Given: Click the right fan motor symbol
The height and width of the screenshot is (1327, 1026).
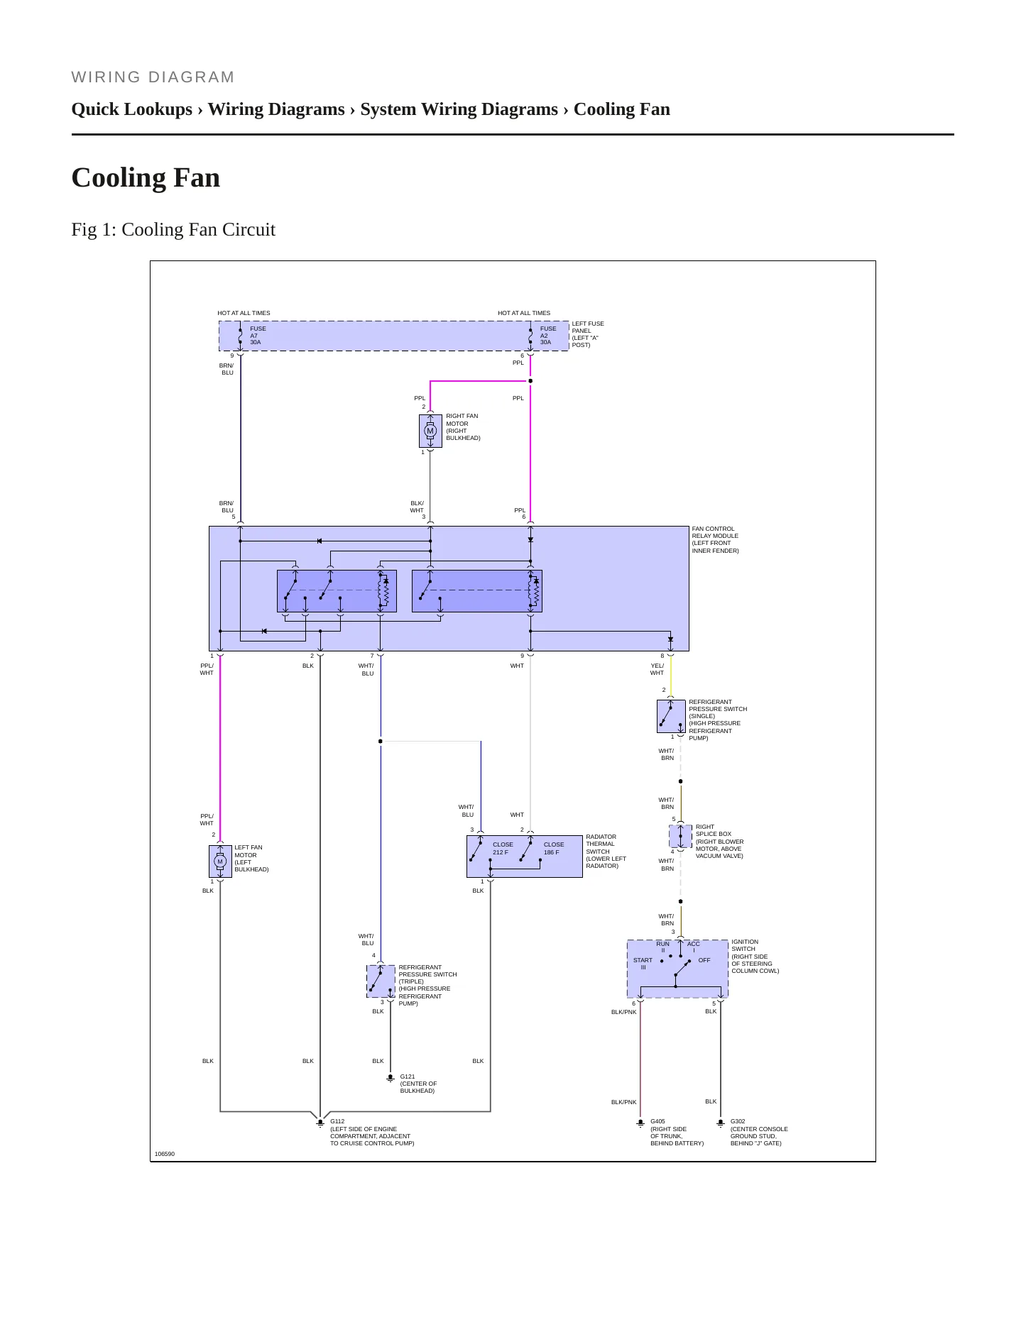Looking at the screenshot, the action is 430,431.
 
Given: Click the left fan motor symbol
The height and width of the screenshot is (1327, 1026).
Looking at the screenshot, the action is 220,861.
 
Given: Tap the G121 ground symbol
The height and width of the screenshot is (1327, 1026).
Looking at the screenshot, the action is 390,1078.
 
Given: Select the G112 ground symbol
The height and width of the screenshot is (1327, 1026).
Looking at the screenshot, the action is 320,1123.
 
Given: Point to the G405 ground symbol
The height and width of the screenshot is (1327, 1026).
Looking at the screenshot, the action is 640,1123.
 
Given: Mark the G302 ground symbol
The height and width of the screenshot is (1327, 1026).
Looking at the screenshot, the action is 721,1123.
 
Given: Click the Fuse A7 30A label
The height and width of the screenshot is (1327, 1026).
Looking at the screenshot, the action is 258,336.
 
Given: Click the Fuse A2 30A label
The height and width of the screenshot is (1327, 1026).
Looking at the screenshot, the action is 548,336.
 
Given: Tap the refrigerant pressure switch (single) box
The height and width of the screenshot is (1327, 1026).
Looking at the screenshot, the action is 671,716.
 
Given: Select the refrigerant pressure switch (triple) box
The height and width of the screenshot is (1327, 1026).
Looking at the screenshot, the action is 381,981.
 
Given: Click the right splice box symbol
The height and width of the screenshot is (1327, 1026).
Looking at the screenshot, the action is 681,837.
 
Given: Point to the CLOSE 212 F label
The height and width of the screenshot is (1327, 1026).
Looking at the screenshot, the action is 503,849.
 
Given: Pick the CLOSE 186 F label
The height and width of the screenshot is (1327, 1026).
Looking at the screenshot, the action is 554,849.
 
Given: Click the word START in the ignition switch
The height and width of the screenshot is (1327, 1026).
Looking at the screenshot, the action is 643,960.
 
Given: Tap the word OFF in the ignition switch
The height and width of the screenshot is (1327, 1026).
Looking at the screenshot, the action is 704,960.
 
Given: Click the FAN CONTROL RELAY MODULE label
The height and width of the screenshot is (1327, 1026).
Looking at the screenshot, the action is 715,539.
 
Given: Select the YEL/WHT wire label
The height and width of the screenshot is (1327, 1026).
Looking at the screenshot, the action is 657,669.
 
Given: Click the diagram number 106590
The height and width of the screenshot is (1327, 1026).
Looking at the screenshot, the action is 165,1154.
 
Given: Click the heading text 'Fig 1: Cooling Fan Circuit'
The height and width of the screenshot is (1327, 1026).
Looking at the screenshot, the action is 173,229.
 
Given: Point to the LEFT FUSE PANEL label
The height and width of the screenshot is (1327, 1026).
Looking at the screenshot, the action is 588,334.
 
